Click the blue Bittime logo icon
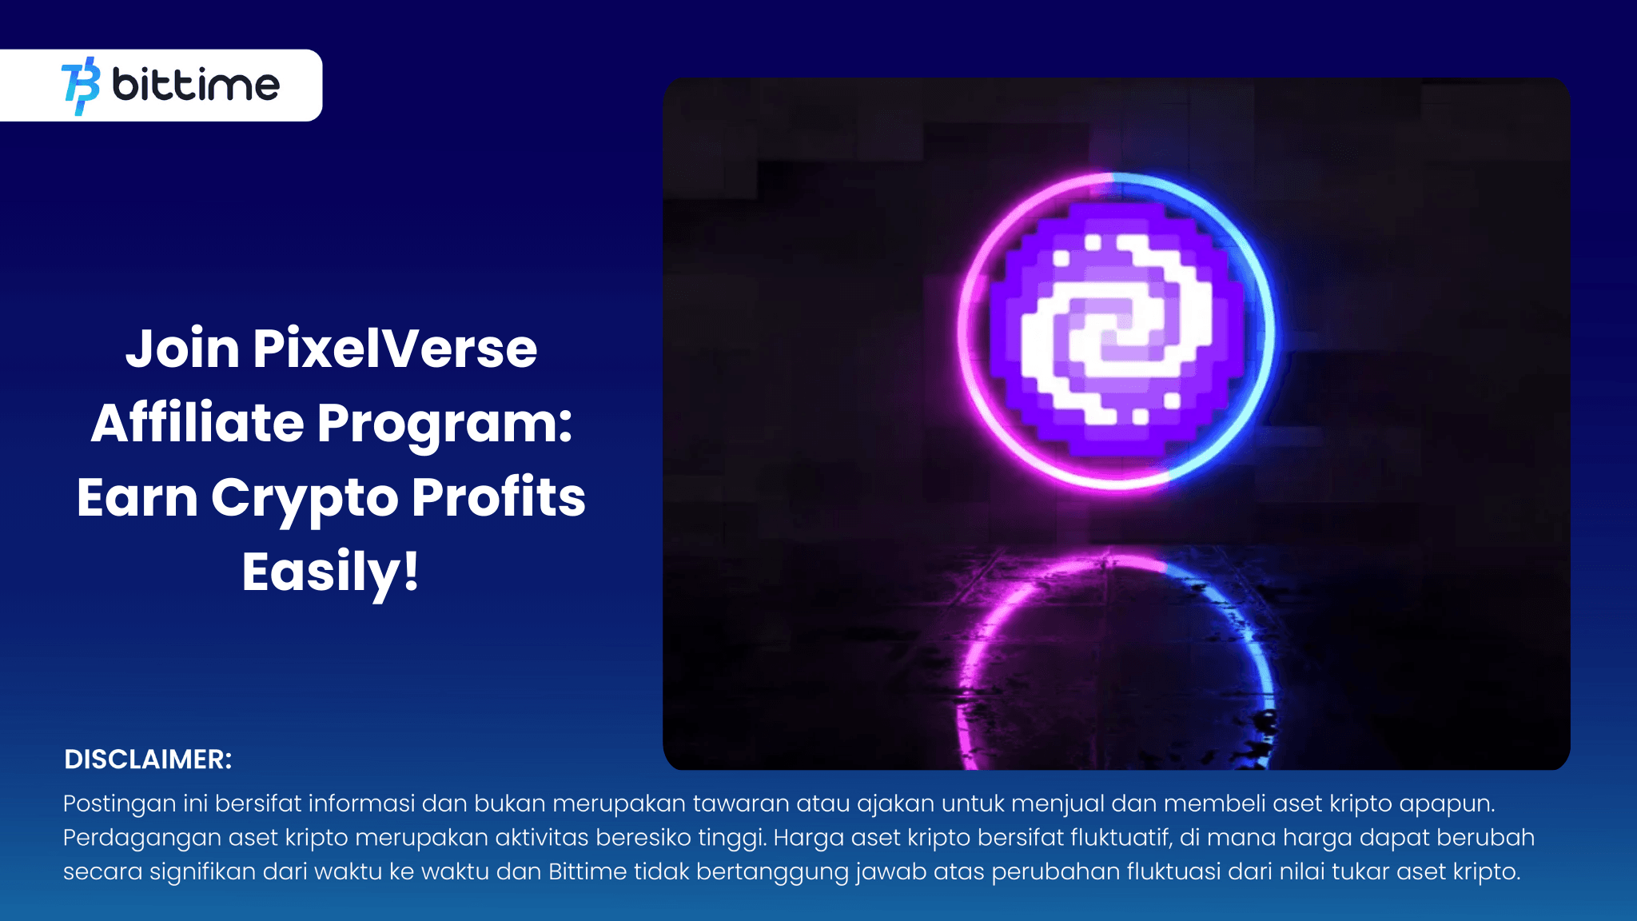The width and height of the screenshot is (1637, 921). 81,86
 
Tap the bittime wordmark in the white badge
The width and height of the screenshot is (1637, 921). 196,85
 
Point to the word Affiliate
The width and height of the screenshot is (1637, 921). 197,423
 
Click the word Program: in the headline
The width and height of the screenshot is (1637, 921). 444,423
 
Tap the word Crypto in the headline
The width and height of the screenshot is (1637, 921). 305,497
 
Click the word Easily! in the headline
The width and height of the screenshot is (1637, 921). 330,572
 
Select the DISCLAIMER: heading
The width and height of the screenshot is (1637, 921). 148,760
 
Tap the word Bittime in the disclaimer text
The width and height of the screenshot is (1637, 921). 587,871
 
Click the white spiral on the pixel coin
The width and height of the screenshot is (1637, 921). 1117,329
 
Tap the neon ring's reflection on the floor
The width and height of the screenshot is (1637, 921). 1117,656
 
